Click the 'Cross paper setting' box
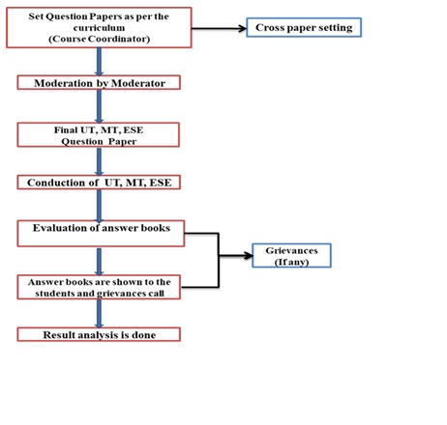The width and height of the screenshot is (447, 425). [x=304, y=27]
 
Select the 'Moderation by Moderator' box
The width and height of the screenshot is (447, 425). [x=99, y=83]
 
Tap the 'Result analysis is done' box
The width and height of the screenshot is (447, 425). [x=99, y=334]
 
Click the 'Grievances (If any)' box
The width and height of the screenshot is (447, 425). [x=291, y=256]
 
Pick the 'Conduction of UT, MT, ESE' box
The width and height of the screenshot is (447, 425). [x=99, y=183]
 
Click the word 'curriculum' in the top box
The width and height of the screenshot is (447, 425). [x=99, y=28]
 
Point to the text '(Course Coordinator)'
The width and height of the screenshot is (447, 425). [x=100, y=39]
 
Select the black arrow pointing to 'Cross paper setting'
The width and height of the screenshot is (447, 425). [x=219, y=29]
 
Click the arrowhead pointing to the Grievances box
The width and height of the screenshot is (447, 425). [x=249, y=256]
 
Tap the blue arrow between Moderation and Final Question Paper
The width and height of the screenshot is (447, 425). [x=99, y=106]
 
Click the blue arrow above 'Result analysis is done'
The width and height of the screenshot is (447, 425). [x=99, y=314]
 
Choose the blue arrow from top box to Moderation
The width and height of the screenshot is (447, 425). [x=99, y=62]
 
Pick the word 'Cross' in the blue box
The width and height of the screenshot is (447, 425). [x=270, y=28]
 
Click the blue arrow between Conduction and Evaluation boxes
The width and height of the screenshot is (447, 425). [x=99, y=206]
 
